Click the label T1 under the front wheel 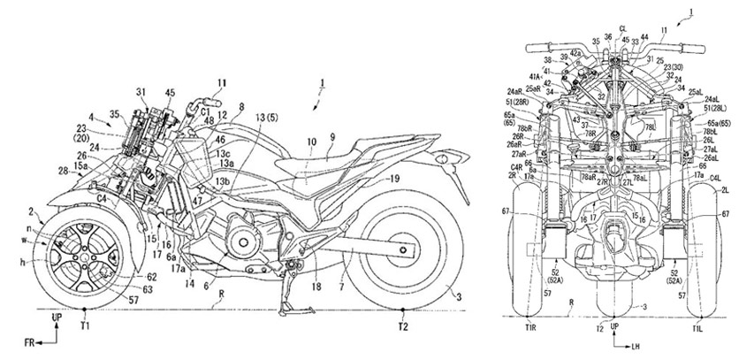point(83,326)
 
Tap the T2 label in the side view point(403,326)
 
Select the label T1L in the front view point(701,327)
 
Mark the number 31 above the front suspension point(141,90)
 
